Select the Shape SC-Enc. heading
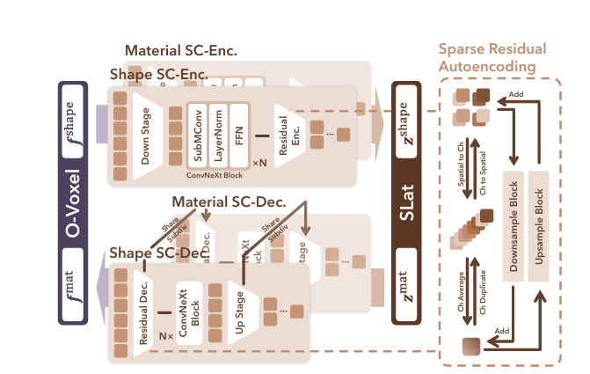158,76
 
